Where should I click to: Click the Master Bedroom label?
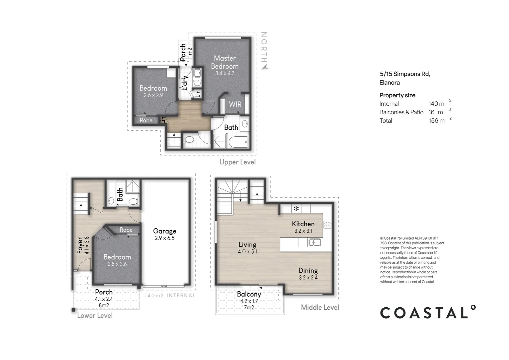point(225,62)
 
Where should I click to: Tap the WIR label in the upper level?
point(235,104)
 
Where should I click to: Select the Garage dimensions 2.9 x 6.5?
point(165,238)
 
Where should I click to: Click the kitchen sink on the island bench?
point(314,242)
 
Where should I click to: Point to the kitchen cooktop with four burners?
point(327,225)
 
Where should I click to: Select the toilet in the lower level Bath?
point(134,202)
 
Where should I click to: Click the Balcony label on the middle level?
point(249,295)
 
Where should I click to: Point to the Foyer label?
point(80,246)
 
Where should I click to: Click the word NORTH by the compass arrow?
point(264,47)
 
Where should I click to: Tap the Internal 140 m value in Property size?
point(436,104)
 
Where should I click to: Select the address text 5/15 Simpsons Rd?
point(405,74)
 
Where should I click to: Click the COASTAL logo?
point(428,313)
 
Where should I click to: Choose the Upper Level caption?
point(238,162)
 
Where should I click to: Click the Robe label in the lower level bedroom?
point(126,230)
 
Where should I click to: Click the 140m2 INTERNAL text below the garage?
point(170,296)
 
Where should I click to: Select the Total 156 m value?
point(436,121)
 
